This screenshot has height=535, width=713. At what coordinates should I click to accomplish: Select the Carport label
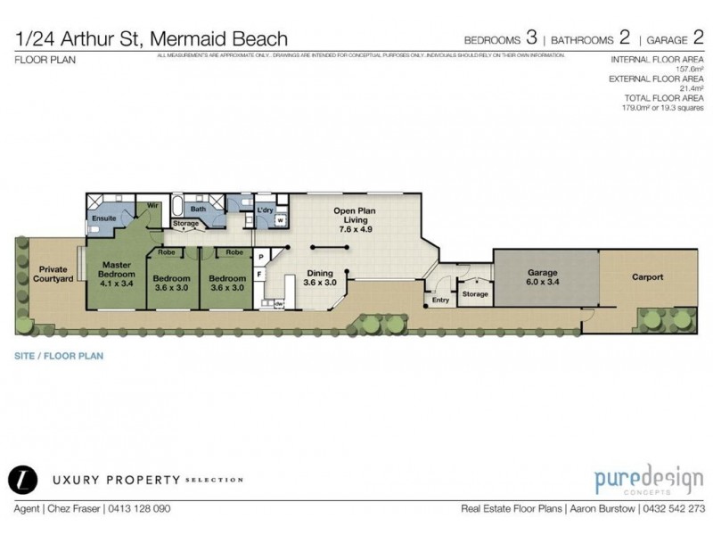pos(647,277)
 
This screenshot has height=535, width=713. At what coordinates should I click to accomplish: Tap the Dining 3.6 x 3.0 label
pos(318,278)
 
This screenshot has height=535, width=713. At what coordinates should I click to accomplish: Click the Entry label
pos(440,300)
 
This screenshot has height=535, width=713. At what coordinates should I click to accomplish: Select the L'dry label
pos(264,210)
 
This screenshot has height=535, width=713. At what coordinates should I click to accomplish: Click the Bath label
pos(198,209)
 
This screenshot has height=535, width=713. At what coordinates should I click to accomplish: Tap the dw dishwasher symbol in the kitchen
pos(279,304)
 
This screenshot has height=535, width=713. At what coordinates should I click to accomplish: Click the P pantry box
pos(260,258)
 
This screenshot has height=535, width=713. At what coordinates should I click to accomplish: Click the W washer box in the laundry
pos(280,219)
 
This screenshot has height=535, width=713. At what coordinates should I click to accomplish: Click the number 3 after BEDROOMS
pos(531,38)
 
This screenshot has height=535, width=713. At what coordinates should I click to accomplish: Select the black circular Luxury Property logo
pos(20,479)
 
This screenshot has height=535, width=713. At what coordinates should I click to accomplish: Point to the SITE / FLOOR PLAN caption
pos(59,355)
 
